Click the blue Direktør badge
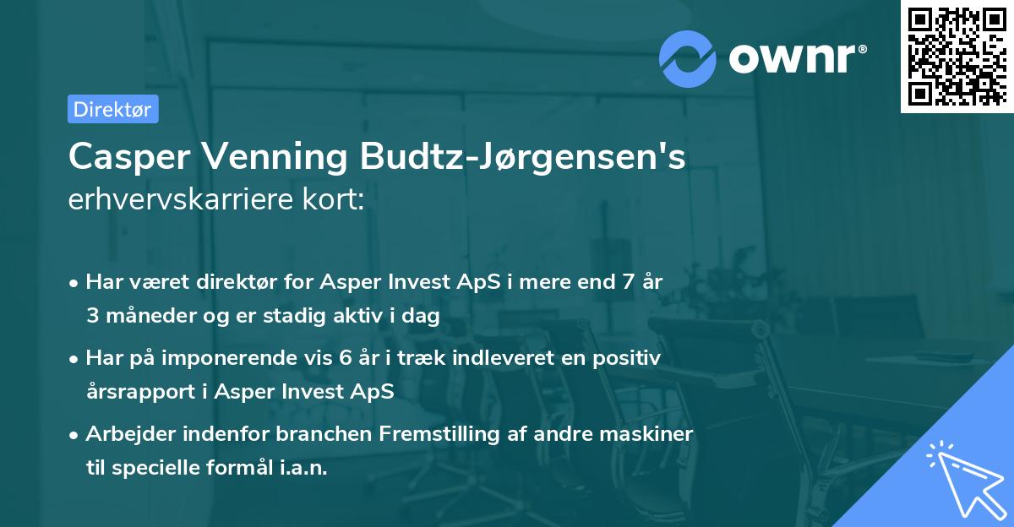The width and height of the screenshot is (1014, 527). pos(112,109)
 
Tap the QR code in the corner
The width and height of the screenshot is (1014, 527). pos(957,56)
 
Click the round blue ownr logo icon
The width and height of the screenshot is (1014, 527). pos(689,57)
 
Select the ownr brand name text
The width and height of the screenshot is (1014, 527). pos(795,57)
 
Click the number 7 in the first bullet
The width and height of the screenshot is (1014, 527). pos(627,282)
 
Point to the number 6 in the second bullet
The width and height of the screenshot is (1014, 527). pos(345,358)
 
